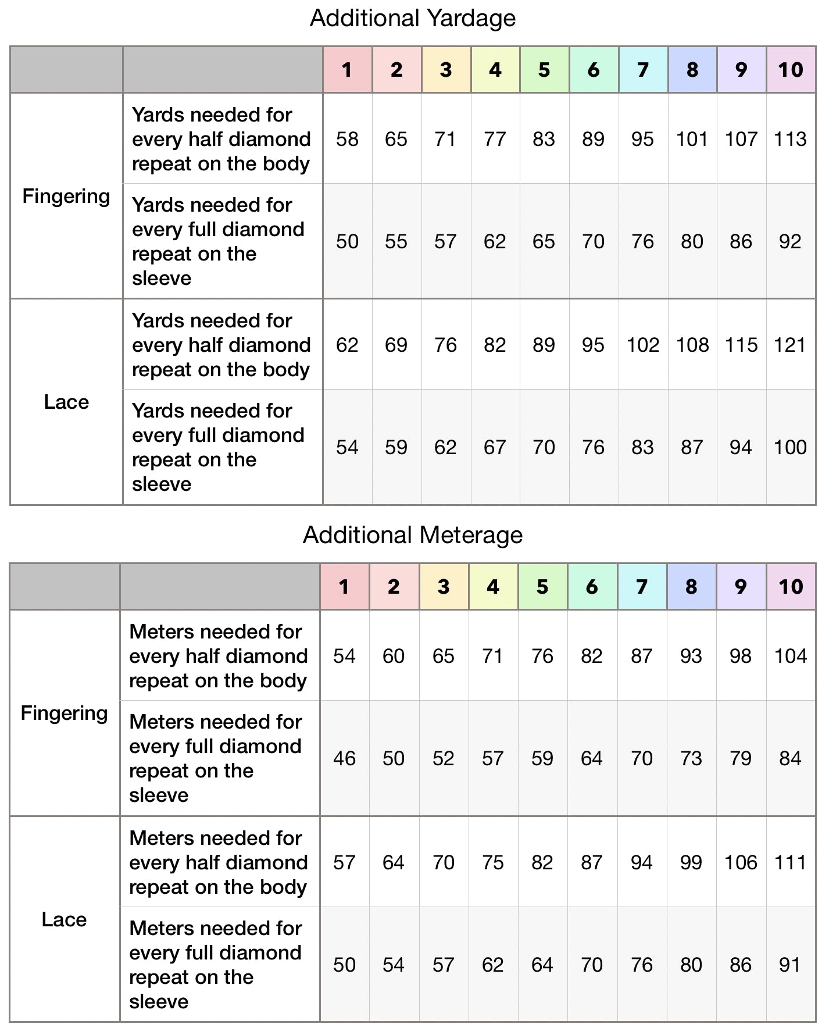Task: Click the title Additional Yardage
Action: point(413,18)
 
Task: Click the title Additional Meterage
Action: point(413,535)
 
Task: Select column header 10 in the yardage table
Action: point(791,70)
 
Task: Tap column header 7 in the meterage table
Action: point(642,587)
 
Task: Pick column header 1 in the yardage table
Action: point(347,70)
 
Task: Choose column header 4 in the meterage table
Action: point(493,587)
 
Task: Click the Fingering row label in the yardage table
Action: point(66,197)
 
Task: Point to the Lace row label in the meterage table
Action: point(64,919)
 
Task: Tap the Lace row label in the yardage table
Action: point(66,402)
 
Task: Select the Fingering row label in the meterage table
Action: point(64,714)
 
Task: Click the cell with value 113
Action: point(791,140)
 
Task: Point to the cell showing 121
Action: point(791,345)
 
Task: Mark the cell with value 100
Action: point(791,448)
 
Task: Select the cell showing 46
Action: point(344,759)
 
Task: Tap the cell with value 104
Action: point(791,657)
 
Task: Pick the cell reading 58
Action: point(347,140)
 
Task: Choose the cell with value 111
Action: point(791,862)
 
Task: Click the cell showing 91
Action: point(790,965)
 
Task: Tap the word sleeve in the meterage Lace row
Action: point(159,1002)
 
